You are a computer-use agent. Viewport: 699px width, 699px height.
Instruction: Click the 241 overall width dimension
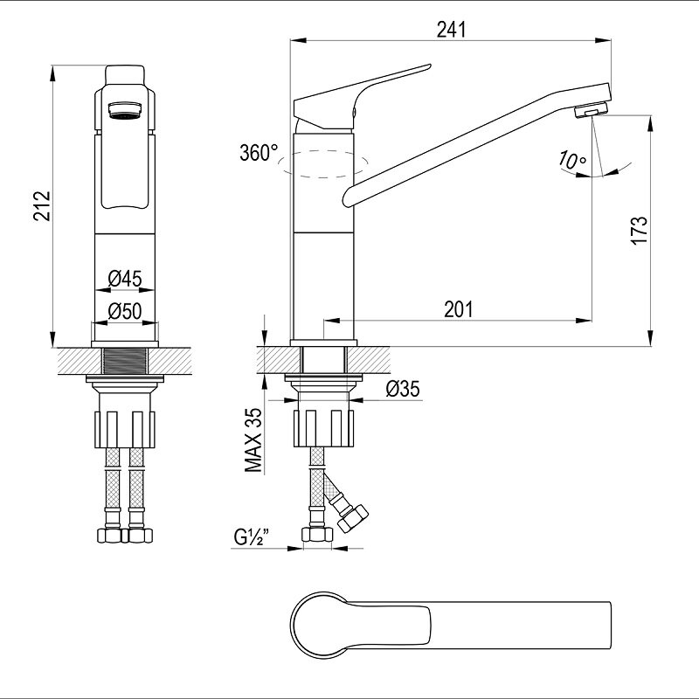point(451,30)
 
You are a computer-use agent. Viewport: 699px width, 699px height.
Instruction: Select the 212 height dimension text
point(43,206)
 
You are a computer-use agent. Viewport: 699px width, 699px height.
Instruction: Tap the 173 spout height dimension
point(639,230)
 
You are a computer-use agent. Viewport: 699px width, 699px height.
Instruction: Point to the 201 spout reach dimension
point(458,309)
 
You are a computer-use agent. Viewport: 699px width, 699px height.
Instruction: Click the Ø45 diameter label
point(125,279)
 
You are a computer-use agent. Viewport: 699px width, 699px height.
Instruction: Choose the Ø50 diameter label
point(125,311)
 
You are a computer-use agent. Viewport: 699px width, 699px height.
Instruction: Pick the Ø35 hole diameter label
point(403,389)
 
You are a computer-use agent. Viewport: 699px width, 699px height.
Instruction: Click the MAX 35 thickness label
point(253,440)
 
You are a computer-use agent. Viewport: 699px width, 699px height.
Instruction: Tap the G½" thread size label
point(252,537)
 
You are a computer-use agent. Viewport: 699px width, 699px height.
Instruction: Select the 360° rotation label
point(259,153)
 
